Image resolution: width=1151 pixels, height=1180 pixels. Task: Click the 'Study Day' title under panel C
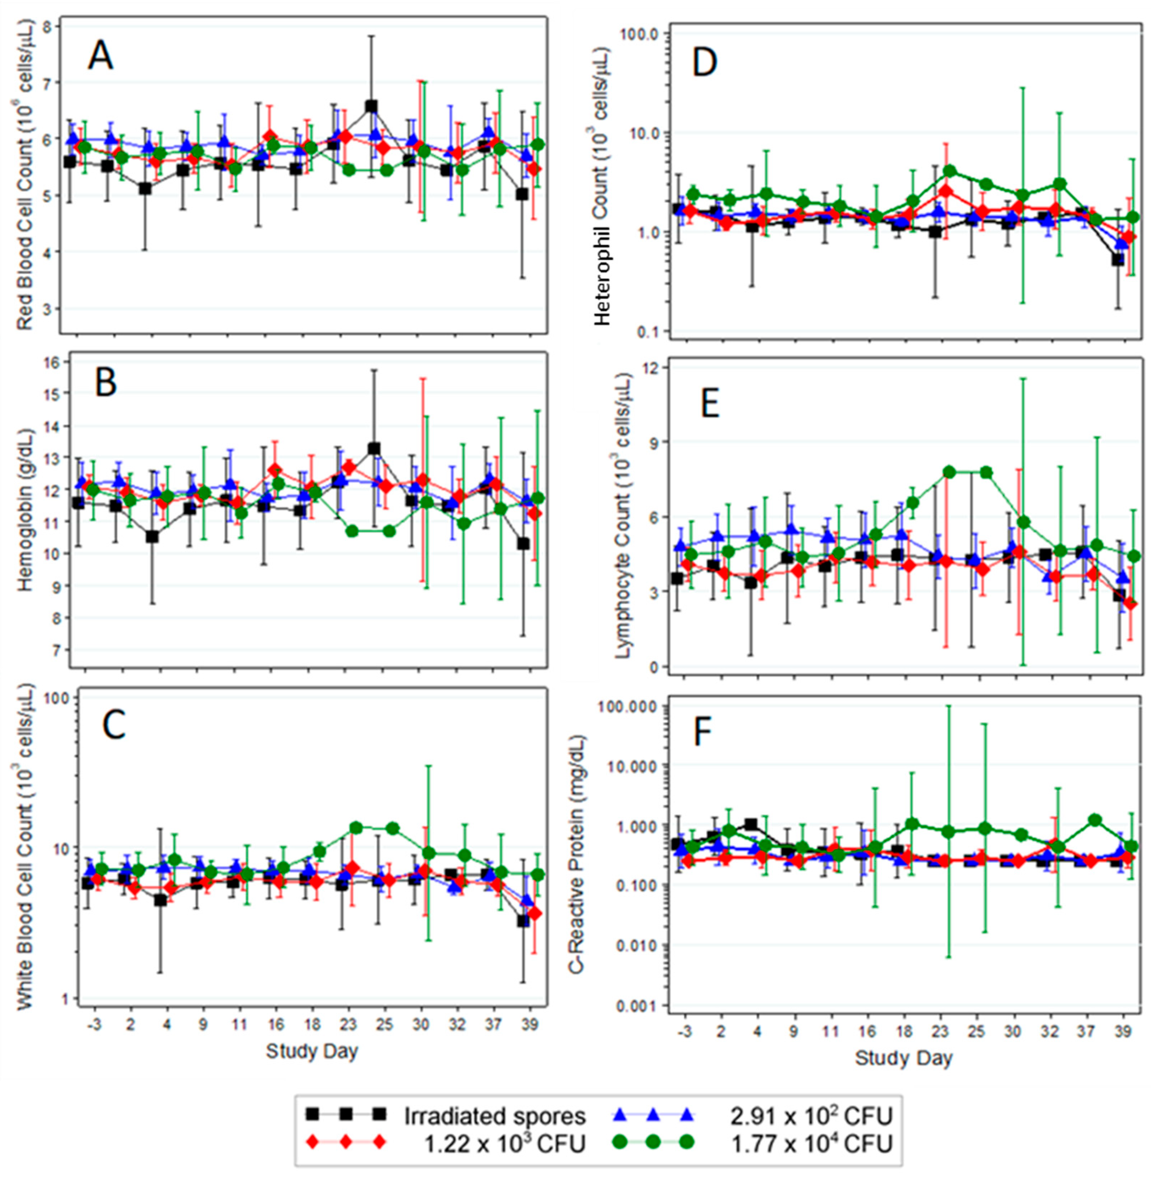coord(312,1051)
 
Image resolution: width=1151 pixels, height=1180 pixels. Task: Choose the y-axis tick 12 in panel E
coord(653,368)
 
